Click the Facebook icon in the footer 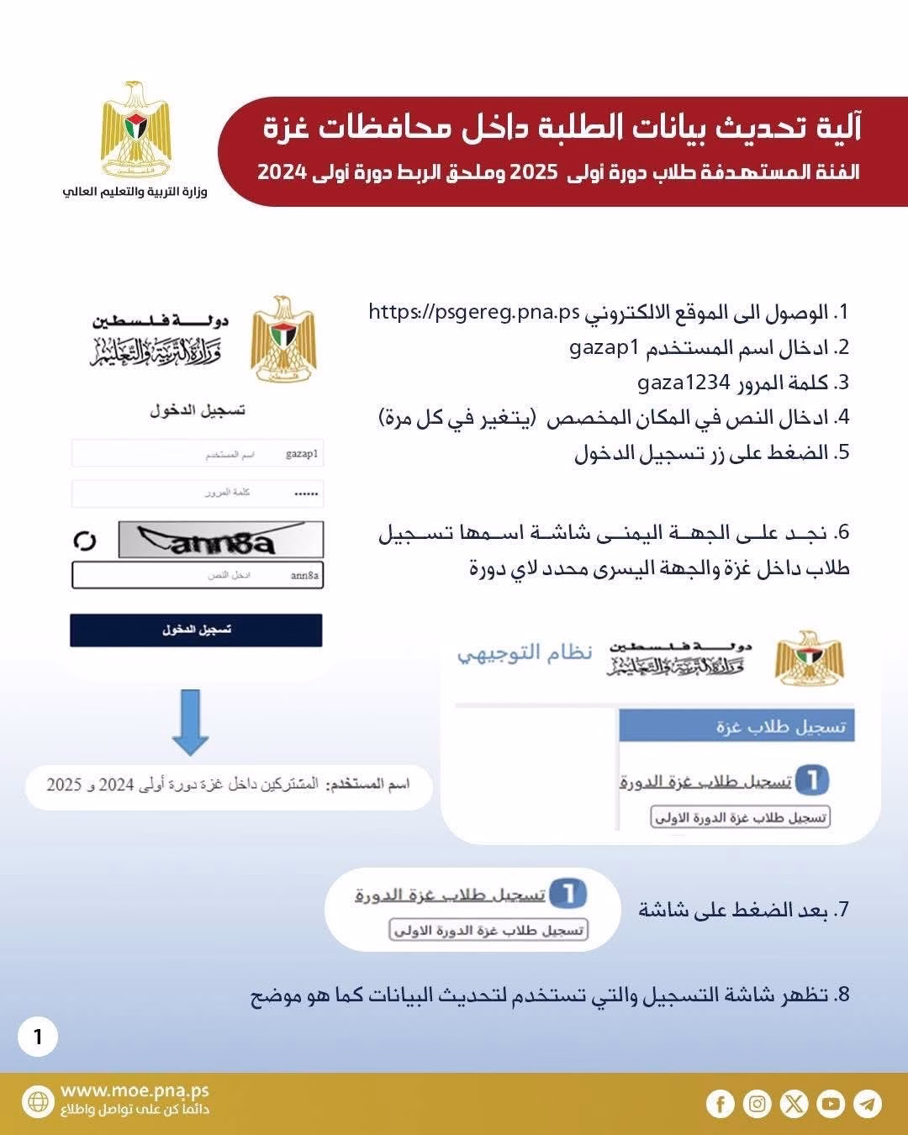[x=720, y=1103]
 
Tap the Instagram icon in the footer [x=757, y=1103]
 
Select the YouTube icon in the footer [x=831, y=1103]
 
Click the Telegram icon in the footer [x=868, y=1103]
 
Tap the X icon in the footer [x=794, y=1103]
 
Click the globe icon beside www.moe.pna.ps [x=38, y=1101]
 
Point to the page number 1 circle [x=38, y=1037]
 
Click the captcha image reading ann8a [x=220, y=541]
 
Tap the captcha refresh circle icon [x=85, y=541]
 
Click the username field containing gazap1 [x=198, y=454]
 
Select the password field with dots [x=198, y=494]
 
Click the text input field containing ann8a [x=198, y=576]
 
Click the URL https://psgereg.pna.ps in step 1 [x=474, y=313]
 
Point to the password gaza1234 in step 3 [x=684, y=383]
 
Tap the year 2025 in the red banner [x=534, y=172]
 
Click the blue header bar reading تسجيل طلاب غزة [x=736, y=726]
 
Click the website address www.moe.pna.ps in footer [x=135, y=1091]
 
